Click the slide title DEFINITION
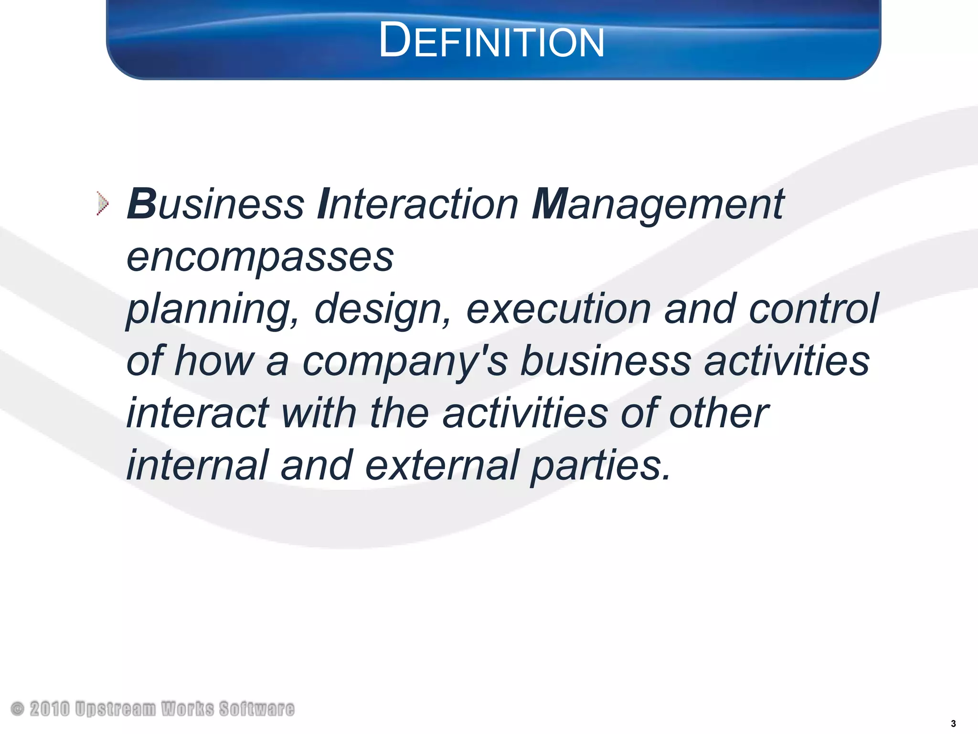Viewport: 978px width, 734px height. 491,42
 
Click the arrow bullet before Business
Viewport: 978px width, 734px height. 102,204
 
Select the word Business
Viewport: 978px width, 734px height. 215,204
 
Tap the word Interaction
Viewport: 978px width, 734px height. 418,204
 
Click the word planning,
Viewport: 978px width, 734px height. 213,310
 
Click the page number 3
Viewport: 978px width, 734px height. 954,723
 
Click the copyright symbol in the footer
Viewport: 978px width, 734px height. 17,709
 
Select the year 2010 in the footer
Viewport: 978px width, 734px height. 50,709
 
